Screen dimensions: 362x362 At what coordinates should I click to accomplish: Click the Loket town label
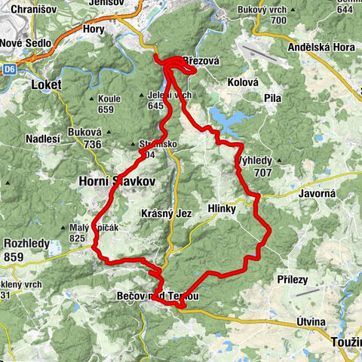(x=46, y=85)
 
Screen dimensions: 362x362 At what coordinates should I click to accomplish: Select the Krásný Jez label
(x=167, y=213)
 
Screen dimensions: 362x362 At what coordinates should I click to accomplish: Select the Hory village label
(x=94, y=29)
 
